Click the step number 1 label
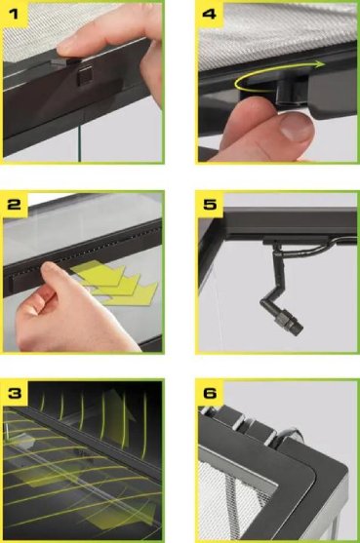[13, 15]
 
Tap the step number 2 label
[14, 205]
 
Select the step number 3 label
[15, 393]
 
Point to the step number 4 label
[209, 15]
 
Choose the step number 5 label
[210, 205]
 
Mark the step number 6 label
[210, 393]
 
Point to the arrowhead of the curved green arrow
[321, 64]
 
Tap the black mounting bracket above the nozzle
[296, 240]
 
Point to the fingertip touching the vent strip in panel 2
[50, 268]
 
